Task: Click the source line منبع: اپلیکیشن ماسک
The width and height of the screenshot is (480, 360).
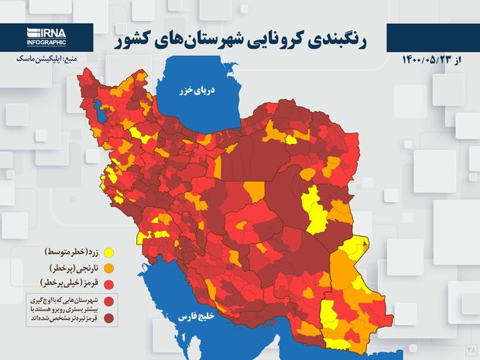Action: pos(46,59)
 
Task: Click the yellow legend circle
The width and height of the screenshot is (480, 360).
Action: pos(110,252)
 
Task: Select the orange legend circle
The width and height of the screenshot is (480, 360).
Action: pos(110,268)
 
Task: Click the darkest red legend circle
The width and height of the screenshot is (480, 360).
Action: pos(110,317)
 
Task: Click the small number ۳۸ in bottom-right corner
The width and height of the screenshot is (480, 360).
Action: pos(470,351)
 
